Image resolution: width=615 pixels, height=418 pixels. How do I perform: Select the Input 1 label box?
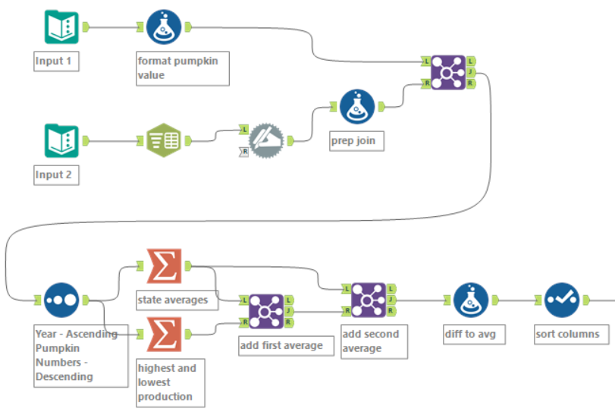pyautogui.click(x=57, y=61)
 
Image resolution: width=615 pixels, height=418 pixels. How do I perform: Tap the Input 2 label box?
pyautogui.click(x=57, y=175)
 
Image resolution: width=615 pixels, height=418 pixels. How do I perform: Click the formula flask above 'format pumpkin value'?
pyautogui.click(x=164, y=28)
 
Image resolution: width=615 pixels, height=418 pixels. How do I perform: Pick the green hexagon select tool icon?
pyautogui.click(x=164, y=140)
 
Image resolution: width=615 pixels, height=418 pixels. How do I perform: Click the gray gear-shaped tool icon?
pyautogui.click(x=266, y=140)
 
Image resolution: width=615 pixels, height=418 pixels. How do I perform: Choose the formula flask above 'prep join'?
pyautogui.click(x=357, y=107)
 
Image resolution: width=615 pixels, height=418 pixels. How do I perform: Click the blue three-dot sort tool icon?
pyautogui.click(x=61, y=300)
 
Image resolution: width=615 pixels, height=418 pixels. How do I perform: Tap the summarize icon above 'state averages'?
pyautogui.click(x=164, y=266)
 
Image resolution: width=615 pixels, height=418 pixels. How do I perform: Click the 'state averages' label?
pyautogui.click(x=172, y=300)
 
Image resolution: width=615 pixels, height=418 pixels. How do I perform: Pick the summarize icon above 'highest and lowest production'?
pyautogui.click(x=164, y=334)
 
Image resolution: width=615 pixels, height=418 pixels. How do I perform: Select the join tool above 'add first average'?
pyautogui.click(x=266, y=311)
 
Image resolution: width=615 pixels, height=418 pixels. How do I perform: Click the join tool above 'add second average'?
pyautogui.click(x=369, y=300)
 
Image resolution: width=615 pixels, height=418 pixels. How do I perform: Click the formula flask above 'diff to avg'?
pyautogui.click(x=471, y=300)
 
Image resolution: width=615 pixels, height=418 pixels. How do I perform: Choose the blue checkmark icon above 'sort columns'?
pyautogui.click(x=562, y=300)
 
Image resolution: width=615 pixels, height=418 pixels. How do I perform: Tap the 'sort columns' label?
pyautogui.click(x=567, y=334)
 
